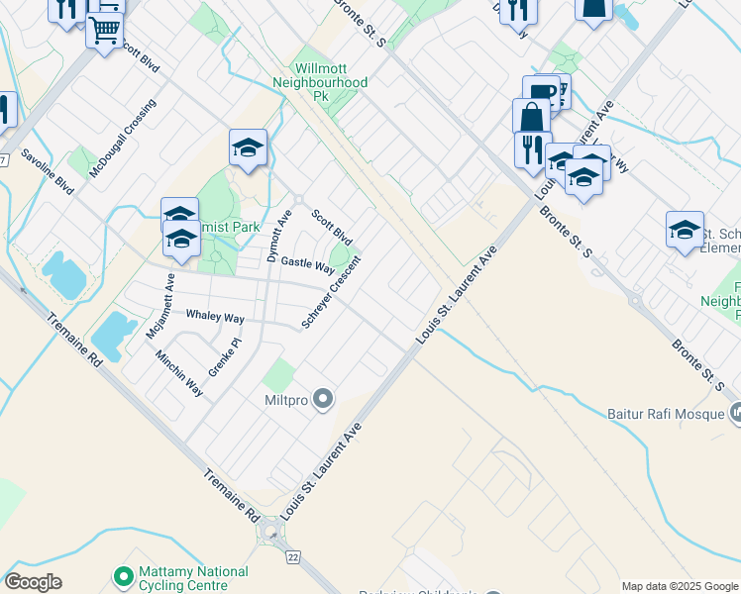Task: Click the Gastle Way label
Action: tap(308, 264)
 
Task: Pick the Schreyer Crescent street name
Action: tap(331, 293)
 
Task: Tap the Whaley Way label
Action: tap(215, 316)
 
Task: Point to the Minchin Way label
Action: tap(179, 371)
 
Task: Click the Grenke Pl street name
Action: tap(224, 357)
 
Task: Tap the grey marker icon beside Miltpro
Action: tap(322, 400)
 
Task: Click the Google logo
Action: tap(34, 582)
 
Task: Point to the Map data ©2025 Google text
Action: tap(680, 586)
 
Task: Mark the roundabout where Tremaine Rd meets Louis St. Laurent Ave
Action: tap(269, 535)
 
